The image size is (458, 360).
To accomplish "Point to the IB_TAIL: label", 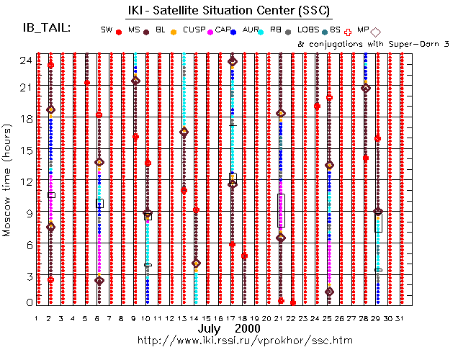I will (47, 27).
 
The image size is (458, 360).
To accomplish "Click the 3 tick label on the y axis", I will (26, 276).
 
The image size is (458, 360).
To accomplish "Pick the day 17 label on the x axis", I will (232, 318).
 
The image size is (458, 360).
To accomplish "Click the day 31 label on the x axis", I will (401, 318).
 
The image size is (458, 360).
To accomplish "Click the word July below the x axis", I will (210, 328).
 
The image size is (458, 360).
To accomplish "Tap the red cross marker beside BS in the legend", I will (349, 30).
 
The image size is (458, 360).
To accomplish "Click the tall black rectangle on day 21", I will (281, 210).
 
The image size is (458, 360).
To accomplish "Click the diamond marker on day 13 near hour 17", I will (184, 132).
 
